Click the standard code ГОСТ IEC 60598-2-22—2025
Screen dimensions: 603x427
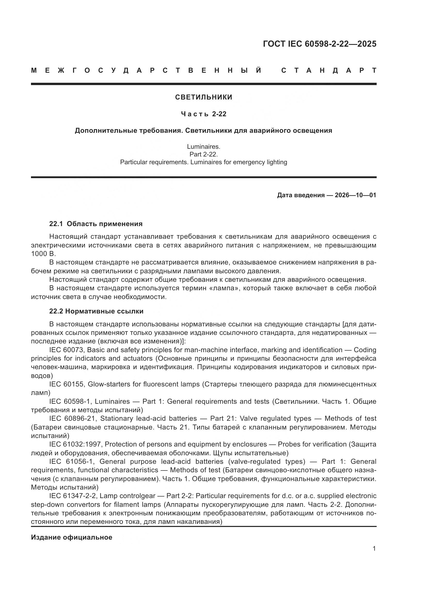319,44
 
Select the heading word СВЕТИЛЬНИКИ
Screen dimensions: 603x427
204,97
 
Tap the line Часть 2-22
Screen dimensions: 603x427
204,114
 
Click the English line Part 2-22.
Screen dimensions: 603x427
204,154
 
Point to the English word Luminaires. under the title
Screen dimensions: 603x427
204,146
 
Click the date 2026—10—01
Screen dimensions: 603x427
355,195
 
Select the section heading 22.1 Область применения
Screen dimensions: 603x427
96,224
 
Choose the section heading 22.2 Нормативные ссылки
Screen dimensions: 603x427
97,311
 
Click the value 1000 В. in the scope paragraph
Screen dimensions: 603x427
44,254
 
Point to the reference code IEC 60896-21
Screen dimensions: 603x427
73,419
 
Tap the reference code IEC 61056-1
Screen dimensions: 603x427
72,461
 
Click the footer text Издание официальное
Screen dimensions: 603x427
72,537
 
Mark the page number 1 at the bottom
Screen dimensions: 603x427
374,549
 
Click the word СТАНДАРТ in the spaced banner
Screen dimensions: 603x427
329,70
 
